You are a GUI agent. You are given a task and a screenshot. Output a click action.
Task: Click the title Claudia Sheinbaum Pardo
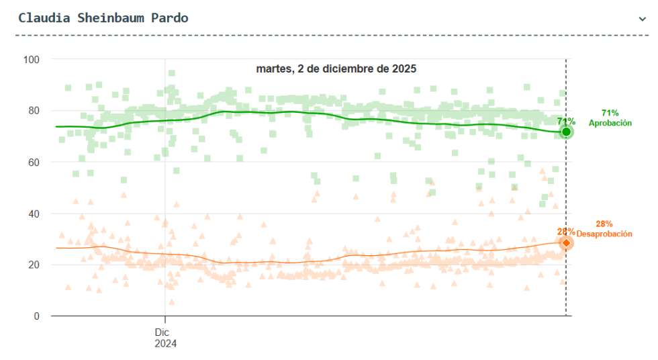point(103,18)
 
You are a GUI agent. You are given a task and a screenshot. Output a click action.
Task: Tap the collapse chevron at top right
point(643,19)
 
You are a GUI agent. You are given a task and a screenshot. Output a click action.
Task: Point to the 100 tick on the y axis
point(32,60)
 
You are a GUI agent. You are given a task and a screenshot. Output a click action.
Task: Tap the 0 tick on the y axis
point(37,316)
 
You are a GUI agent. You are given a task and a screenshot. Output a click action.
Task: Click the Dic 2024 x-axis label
point(165,337)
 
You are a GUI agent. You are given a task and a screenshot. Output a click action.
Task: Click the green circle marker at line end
point(566,132)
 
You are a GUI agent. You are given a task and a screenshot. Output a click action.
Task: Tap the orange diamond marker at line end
point(566,242)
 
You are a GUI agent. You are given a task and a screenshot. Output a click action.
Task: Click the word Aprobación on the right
point(610,123)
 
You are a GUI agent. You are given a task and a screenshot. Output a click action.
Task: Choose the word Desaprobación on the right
point(604,234)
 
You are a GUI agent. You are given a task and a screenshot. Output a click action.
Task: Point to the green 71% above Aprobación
point(610,113)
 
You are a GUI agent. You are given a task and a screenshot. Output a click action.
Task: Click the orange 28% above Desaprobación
point(604,224)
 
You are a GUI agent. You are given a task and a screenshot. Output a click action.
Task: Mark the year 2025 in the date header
point(405,69)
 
